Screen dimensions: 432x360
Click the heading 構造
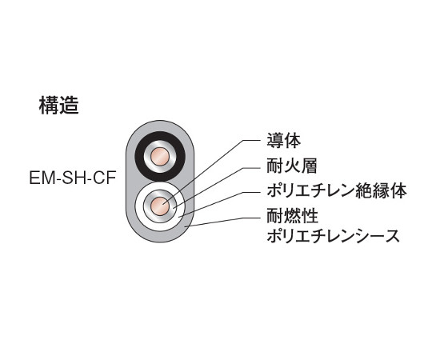point(59,106)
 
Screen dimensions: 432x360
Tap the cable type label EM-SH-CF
point(73,178)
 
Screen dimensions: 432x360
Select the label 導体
point(283,141)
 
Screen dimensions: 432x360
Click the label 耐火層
point(292,166)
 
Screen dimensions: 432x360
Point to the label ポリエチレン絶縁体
point(337,190)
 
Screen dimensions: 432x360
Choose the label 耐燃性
point(292,216)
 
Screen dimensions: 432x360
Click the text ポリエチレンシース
point(333,236)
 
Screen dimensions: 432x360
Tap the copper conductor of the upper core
point(160,157)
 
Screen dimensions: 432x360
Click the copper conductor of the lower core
point(160,206)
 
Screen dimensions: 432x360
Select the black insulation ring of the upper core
point(160,136)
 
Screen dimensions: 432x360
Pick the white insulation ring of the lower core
point(160,186)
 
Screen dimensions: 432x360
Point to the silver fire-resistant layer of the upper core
point(160,144)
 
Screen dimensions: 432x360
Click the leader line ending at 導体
point(211,172)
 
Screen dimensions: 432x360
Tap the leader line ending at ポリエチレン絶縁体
point(220,205)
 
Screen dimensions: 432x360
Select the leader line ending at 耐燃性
point(224,222)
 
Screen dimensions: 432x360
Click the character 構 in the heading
point(49,106)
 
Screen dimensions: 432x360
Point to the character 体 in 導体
point(292,141)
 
